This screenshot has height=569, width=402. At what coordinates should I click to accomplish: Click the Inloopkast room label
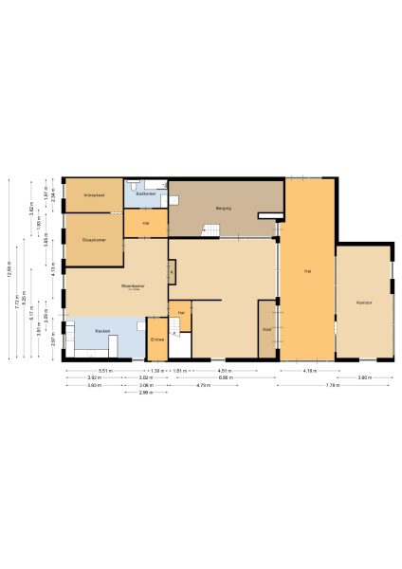tap(93, 195)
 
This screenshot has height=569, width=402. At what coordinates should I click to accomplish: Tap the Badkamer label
tap(147, 193)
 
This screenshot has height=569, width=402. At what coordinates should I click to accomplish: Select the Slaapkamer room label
tap(93, 238)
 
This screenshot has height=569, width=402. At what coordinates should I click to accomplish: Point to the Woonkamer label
tap(119, 284)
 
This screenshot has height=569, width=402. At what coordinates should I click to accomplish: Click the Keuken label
tap(102, 331)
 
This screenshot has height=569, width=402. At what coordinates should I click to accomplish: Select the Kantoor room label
tap(363, 303)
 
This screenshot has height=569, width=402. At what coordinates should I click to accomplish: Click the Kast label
tap(267, 329)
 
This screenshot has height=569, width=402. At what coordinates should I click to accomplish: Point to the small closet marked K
tap(172, 272)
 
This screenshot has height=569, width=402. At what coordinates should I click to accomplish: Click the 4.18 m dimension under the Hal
tap(309, 370)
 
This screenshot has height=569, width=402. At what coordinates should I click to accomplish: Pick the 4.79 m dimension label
tap(204, 386)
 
